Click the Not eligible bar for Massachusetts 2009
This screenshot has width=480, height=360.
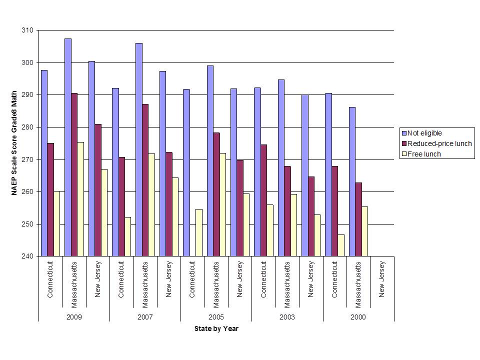68,147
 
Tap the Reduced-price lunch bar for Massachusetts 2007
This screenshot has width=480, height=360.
145,180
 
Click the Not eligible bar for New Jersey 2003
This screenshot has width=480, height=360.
305,175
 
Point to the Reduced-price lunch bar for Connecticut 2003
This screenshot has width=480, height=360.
263,200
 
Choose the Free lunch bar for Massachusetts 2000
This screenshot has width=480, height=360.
364,231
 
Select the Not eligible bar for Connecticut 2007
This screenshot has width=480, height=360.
115,172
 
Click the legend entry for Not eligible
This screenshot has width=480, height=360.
424,133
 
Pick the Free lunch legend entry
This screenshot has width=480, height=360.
424,154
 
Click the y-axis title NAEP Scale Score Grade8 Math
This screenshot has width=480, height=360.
14,143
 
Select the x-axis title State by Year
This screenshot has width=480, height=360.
216,328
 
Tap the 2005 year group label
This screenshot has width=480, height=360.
216,317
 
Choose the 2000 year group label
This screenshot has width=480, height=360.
358,317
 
